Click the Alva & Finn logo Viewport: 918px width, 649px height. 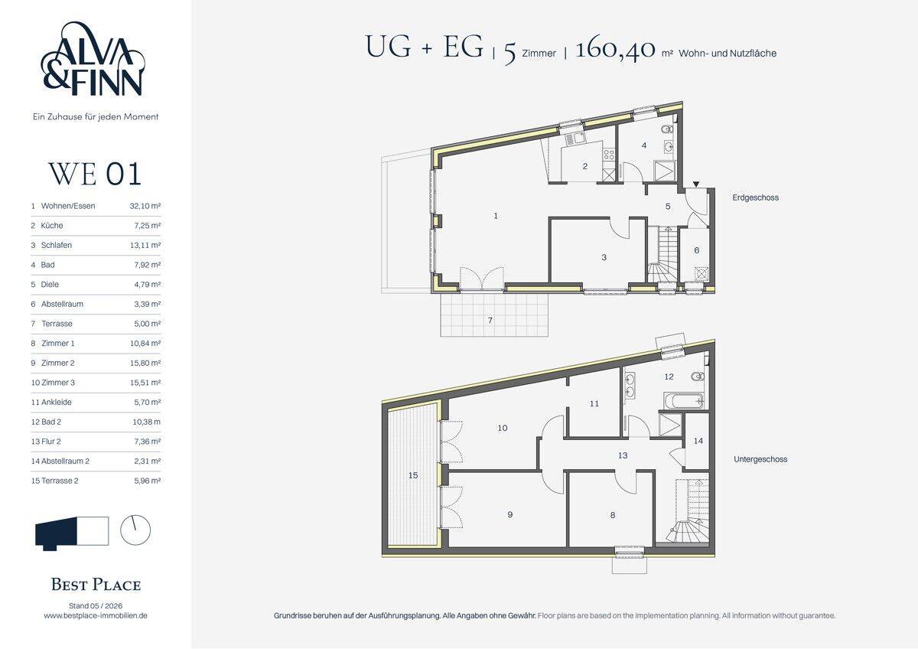(x=93, y=59)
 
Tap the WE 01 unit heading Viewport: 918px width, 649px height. (x=95, y=174)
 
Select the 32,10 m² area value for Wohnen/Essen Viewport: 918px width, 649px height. (x=145, y=206)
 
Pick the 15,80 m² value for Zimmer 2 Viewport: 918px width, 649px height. (x=145, y=363)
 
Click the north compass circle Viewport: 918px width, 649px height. (x=135, y=530)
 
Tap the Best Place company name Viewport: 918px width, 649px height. (x=96, y=585)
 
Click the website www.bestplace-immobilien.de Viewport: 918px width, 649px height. (x=96, y=615)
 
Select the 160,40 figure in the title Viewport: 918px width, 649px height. (x=616, y=49)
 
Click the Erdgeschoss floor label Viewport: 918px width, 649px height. (x=755, y=197)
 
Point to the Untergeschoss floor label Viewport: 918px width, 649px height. (x=760, y=459)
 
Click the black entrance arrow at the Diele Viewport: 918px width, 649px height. (x=696, y=184)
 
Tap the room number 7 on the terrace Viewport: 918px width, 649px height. (x=490, y=320)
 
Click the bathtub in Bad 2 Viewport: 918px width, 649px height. (x=684, y=400)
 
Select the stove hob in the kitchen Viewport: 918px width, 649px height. (x=609, y=155)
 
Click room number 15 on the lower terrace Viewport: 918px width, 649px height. (x=413, y=475)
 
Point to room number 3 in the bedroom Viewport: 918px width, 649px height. (x=604, y=257)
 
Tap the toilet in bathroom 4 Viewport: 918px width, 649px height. (x=667, y=129)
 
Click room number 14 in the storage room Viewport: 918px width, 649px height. (x=698, y=441)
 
